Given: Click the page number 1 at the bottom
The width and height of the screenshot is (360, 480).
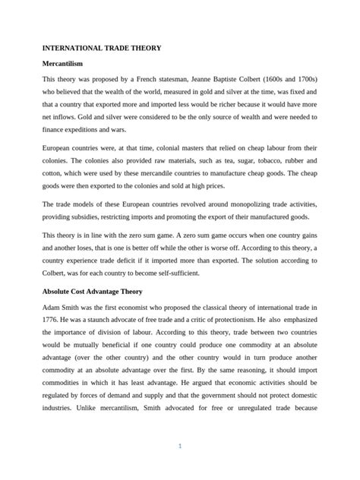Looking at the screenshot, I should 180,446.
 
